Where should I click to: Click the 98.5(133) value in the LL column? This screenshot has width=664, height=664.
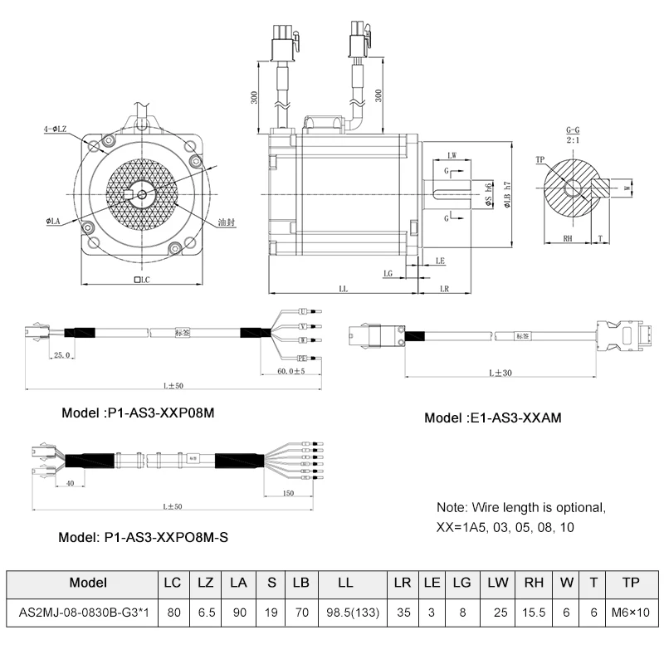coord(346,613)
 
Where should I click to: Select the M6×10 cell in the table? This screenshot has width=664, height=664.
coord(631,613)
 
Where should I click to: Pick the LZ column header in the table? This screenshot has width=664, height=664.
coord(205,583)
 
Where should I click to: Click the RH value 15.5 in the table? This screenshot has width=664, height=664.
coord(535,613)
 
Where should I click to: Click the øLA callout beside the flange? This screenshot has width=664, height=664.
coord(56,222)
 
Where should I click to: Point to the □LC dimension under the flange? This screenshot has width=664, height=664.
coord(140,281)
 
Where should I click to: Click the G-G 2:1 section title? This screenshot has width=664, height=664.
coord(573,135)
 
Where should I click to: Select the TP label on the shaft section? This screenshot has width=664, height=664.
coord(540,159)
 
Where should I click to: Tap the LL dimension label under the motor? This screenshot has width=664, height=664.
coord(343,288)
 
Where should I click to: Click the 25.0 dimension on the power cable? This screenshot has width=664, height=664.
coord(61,355)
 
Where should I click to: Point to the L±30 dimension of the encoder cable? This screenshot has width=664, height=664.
coord(500,373)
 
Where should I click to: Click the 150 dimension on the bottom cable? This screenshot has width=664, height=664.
coord(289,493)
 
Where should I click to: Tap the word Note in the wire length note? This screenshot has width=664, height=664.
coord(452,507)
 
